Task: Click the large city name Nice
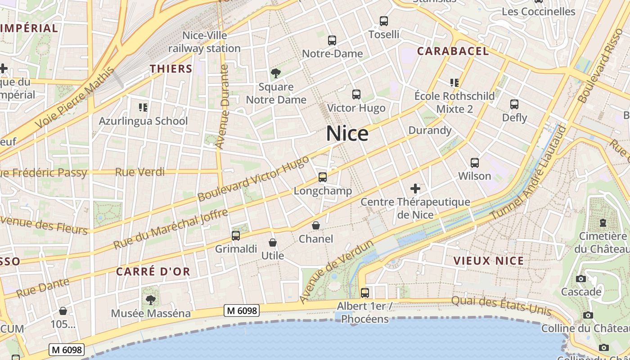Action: (x=347, y=134)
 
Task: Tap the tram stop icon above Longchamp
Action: (x=323, y=177)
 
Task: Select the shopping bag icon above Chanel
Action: (x=316, y=225)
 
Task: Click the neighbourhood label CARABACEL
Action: (x=453, y=51)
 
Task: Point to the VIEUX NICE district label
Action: (x=489, y=261)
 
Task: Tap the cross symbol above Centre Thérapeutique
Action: (x=415, y=189)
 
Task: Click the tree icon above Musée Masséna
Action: (x=150, y=300)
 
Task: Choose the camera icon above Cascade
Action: (x=581, y=279)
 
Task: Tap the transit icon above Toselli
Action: (x=384, y=21)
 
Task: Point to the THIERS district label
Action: (x=171, y=69)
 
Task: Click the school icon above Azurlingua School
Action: (x=143, y=108)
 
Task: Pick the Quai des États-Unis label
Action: (x=501, y=305)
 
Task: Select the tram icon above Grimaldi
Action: (x=235, y=235)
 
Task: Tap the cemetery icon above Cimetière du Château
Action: (x=603, y=223)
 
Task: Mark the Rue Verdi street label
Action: (x=139, y=172)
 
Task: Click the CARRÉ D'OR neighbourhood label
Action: (x=153, y=271)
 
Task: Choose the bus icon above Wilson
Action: (x=475, y=162)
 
